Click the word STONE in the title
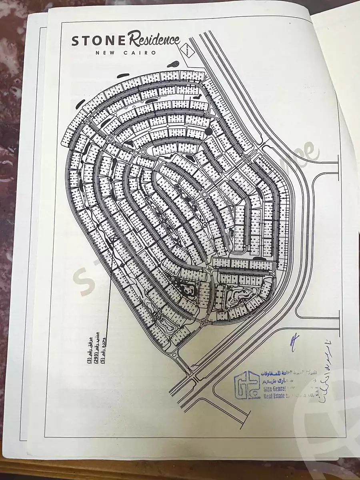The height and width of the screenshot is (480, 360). tap(93, 41)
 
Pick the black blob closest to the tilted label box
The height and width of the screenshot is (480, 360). tap(175, 64)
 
